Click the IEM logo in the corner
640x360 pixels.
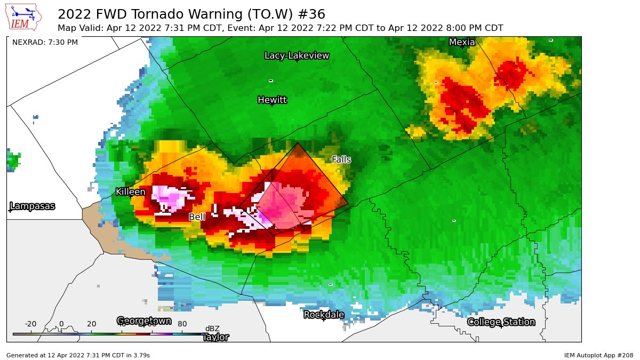[24, 17]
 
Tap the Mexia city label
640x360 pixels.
[462, 42]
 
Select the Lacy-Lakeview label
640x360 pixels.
[297, 55]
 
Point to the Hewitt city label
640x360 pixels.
[272, 100]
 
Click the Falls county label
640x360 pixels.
[341, 159]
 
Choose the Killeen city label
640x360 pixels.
[131, 191]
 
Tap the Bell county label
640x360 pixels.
[197, 217]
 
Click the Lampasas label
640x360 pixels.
[33, 206]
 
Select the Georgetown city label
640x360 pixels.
[144, 321]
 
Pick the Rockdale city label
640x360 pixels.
[324, 315]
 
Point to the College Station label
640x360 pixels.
[501, 322]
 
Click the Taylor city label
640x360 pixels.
[215, 337]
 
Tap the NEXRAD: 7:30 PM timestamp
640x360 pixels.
[45, 42]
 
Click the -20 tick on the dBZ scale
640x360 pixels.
[31, 324]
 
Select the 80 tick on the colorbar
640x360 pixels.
[181, 324]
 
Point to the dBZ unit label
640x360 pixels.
[212, 329]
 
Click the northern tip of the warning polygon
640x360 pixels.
[298, 142]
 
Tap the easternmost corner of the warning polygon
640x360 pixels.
[348, 203]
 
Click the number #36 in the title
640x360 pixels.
[314, 14]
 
